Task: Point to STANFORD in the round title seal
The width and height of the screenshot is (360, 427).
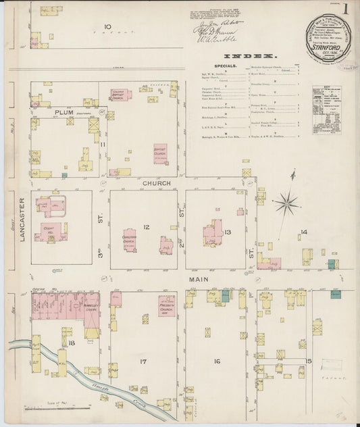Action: click(329, 48)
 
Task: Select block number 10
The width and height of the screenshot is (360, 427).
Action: click(107, 27)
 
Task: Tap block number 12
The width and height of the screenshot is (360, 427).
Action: click(145, 227)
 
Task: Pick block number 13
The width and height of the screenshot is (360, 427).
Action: click(228, 232)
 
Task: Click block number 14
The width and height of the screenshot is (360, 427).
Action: click(305, 232)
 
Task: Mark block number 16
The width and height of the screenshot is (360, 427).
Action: click(217, 361)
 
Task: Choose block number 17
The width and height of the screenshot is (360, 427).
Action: click(143, 362)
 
